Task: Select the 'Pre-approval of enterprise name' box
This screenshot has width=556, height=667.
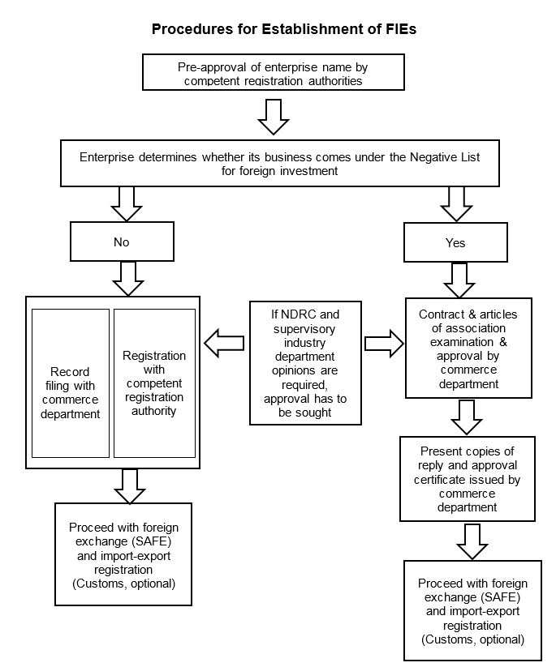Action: click(x=278, y=73)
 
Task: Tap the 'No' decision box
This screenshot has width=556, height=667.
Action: click(x=122, y=242)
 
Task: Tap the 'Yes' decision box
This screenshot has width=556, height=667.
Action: click(x=455, y=242)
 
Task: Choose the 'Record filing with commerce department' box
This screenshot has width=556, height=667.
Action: click(x=71, y=383)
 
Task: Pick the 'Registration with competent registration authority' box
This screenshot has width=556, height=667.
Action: click(x=154, y=383)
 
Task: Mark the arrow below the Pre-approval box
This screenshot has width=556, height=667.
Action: click(x=273, y=116)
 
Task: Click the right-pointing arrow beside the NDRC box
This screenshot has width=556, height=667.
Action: click(x=384, y=343)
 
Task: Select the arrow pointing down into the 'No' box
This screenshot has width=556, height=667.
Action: click(x=127, y=204)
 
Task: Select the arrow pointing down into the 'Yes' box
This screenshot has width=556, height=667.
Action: click(x=455, y=204)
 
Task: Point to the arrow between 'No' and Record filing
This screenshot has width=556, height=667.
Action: click(x=127, y=278)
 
